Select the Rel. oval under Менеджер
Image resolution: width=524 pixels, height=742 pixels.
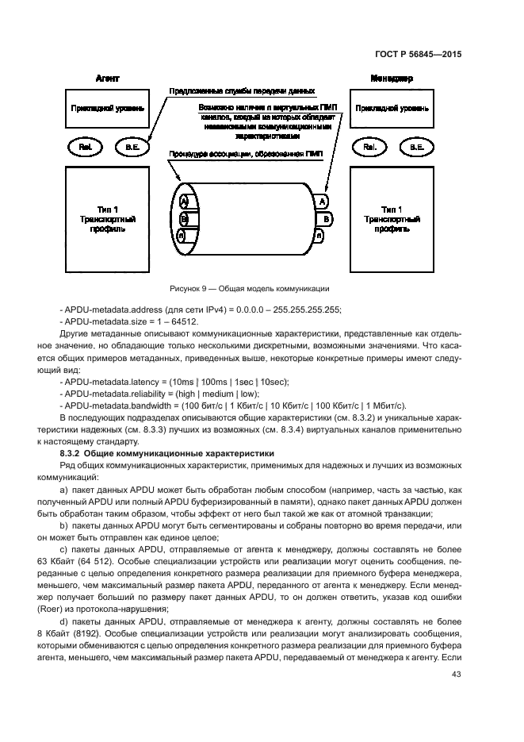point(369,147)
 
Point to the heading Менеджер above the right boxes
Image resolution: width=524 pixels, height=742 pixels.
point(391,79)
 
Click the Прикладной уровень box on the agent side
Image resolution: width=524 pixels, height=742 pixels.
point(108,109)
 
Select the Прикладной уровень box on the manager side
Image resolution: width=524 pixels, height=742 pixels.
point(392,109)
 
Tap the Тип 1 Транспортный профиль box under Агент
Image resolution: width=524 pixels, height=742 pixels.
point(108,214)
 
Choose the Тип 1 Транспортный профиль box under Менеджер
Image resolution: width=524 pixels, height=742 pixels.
point(392,214)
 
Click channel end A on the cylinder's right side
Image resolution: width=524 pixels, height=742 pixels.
point(323,202)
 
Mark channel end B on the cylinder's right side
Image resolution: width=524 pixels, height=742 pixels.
point(327,217)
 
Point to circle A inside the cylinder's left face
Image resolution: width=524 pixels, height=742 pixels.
point(184,201)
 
